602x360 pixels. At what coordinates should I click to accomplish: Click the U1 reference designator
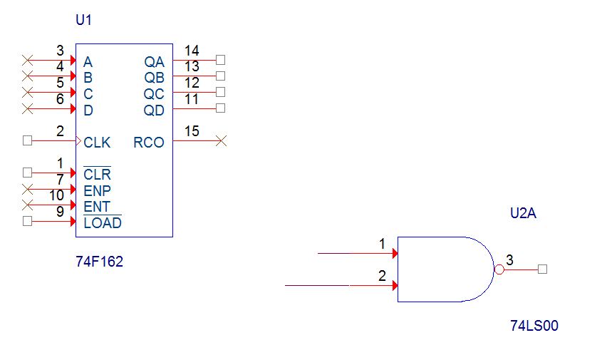point(83,20)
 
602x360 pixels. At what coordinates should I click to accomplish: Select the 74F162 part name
point(100,262)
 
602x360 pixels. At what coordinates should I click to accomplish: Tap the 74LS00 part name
point(534,326)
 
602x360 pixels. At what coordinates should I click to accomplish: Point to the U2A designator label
point(523,213)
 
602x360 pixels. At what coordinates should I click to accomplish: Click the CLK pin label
point(97,143)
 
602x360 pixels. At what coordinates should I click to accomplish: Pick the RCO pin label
point(149,143)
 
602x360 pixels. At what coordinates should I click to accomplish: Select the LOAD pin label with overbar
point(103,222)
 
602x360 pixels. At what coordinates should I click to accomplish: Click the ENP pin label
point(97,191)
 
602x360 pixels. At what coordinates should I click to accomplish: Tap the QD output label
point(154,110)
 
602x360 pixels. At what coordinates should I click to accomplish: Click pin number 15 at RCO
point(192,131)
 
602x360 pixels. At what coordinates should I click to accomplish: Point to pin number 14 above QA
point(192,51)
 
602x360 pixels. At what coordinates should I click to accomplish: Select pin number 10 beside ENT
point(56,195)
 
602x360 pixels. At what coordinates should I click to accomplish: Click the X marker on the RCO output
point(221,141)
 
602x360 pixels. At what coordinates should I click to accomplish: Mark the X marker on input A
point(28,61)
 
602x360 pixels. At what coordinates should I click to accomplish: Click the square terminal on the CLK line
point(27,140)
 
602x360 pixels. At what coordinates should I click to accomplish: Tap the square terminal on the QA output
point(220,60)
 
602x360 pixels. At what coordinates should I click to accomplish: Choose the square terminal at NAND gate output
point(542,269)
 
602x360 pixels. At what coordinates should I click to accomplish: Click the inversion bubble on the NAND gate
point(499,269)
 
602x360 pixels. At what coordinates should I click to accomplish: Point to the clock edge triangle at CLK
point(78,141)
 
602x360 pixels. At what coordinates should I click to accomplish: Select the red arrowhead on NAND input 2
point(395,285)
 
